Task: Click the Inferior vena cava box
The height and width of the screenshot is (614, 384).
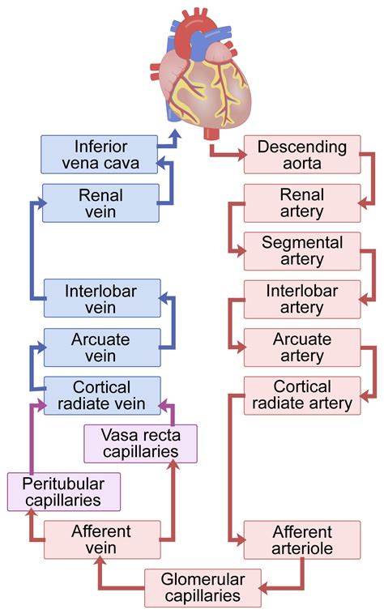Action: [100, 155]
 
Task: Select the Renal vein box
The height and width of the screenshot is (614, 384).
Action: [100, 203]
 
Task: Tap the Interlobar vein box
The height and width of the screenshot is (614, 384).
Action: [101, 299]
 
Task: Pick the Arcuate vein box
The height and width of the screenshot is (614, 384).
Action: [101, 348]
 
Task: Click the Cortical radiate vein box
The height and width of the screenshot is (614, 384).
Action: [101, 395]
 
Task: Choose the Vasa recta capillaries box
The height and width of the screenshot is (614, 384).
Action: [140, 443]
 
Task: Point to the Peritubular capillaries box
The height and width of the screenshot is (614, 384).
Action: [63, 492]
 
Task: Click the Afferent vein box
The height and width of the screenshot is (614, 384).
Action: [101, 540]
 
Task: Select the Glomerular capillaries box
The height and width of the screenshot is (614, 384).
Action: [203, 587]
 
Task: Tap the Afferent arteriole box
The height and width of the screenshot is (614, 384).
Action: [302, 540]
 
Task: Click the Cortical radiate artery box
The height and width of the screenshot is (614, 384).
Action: [302, 395]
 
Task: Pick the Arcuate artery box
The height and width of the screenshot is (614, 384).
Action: [302, 348]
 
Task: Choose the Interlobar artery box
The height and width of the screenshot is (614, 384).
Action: [302, 299]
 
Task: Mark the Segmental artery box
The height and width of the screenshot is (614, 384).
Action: [302, 251]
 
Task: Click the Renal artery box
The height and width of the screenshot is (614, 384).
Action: [302, 203]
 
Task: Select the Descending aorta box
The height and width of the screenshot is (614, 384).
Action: [302, 155]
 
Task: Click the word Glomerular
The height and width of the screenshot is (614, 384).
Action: [203, 579]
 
